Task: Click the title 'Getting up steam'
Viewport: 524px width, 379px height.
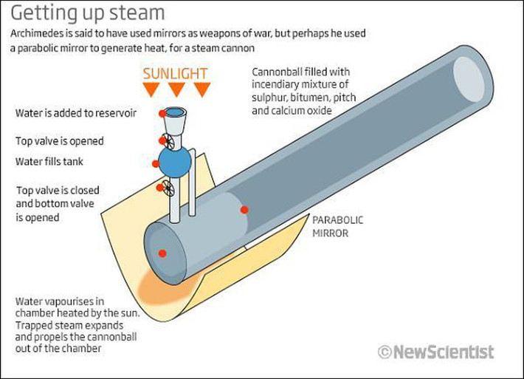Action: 87,14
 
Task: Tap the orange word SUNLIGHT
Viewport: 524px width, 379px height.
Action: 176,74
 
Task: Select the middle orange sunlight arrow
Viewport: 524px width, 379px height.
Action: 176,89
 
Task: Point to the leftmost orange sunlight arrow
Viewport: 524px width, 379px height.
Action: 151,89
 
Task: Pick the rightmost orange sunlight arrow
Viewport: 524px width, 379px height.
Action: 201,89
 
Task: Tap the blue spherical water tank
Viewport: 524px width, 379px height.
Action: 176,161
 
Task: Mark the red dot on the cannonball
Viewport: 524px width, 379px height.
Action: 244,210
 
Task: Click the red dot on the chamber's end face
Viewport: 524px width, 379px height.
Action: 162,253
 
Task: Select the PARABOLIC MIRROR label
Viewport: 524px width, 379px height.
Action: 338,227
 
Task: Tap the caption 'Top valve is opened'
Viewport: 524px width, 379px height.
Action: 59,140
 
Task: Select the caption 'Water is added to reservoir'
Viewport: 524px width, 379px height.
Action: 80,114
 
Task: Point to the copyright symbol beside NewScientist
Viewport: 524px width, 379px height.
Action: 384,352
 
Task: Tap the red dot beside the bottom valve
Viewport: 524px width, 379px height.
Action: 159,188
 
